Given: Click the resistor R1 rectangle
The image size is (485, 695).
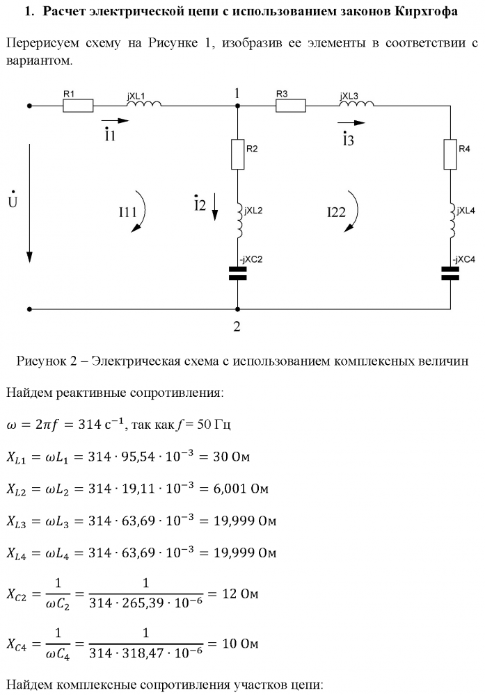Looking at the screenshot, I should (79, 106).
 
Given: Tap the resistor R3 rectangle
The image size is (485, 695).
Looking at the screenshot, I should (291, 106).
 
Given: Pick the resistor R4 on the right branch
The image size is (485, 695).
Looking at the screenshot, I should (450, 155).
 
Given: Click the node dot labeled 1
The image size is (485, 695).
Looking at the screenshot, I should (237, 106).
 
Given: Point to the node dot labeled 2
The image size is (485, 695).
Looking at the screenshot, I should (237, 309).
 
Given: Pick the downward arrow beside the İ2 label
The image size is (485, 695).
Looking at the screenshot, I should (216, 206).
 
